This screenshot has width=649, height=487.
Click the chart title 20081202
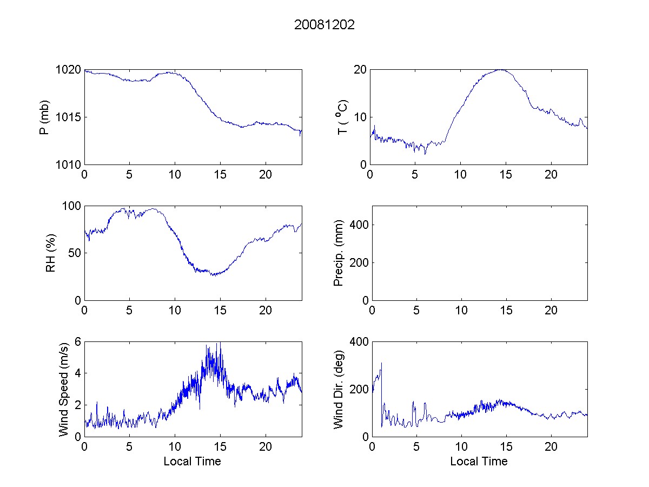pos(325,25)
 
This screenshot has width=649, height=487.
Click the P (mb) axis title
pos(45,117)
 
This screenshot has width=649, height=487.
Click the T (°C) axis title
pos(342,117)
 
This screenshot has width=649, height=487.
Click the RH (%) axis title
pos(51,253)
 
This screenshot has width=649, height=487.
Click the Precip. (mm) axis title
pos(339,253)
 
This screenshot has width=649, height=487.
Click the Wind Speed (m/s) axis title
pos(64,389)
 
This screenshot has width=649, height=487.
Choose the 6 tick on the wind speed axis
pos(78,342)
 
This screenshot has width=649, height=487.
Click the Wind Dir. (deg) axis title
pos(339,389)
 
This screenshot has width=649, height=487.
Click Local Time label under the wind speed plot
pos(192,462)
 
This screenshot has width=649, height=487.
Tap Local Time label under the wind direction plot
pos(479,462)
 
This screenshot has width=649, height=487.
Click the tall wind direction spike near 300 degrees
pos(381,364)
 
